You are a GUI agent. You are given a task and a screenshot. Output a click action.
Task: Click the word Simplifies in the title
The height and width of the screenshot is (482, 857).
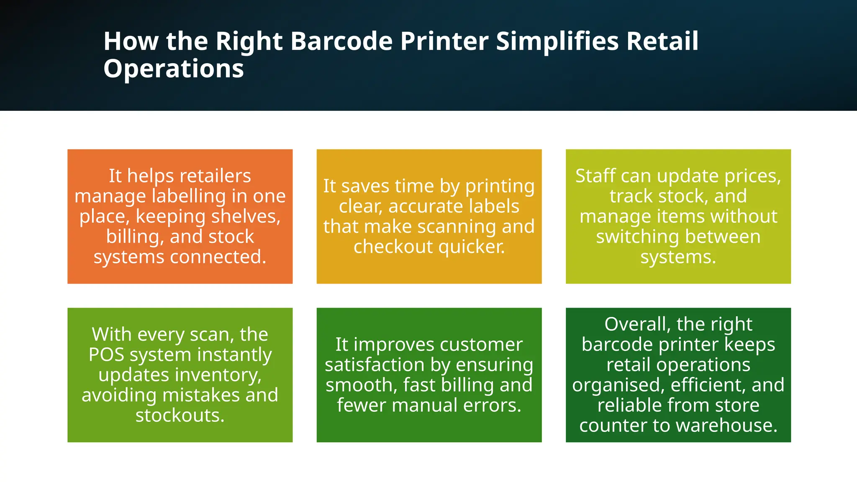click(x=557, y=41)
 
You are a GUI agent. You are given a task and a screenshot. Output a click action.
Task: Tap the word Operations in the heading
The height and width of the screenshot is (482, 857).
click(x=173, y=69)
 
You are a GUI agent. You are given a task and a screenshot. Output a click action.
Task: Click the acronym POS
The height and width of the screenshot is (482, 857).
click(x=106, y=354)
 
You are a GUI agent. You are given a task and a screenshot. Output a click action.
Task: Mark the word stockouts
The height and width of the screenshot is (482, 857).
click(x=180, y=415)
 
